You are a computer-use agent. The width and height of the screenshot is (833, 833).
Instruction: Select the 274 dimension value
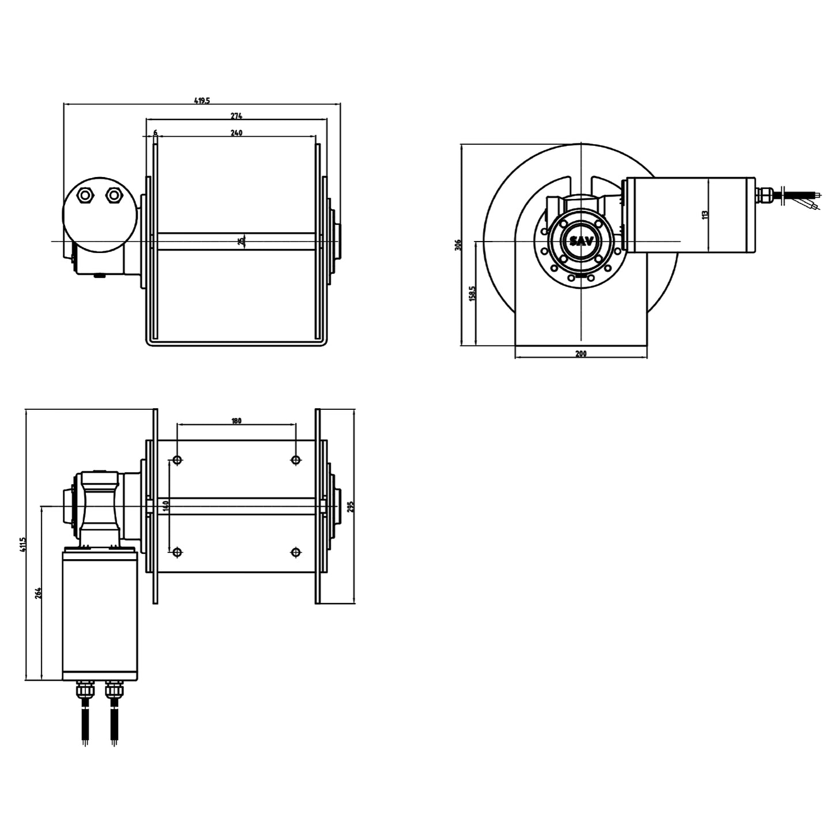pos(236,116)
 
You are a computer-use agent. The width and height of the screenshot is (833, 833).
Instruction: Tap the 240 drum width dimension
pos(236,133)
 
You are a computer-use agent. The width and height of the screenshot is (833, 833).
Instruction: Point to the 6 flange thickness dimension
pos(155,133)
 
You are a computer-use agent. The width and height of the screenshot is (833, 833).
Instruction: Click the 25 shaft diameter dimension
pos(242,240)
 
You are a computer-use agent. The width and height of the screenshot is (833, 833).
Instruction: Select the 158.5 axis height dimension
pos(472,293)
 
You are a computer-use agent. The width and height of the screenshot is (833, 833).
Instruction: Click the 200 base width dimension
pos(581,353)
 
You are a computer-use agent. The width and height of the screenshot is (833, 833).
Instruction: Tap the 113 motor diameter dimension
pos(704,214)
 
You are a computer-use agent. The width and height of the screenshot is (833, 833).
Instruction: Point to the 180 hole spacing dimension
pos(236,421)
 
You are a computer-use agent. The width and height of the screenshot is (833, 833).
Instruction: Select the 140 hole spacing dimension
pos(165,506)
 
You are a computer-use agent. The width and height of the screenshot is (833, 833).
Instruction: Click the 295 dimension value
pos(350,506)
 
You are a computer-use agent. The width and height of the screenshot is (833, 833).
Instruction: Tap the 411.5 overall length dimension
pos(23,545)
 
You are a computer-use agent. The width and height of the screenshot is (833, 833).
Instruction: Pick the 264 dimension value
pos(38,593)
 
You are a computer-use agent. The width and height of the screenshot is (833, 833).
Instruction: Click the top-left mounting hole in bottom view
pos(178,459)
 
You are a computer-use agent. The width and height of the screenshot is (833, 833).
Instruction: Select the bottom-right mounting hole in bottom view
pos(296,553)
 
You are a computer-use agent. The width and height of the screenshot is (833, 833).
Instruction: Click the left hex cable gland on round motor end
pos(85,195)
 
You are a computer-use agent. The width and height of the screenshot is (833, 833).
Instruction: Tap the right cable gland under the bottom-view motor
pos(114,689)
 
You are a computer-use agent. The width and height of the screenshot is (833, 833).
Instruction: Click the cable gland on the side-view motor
pos(765,195)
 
